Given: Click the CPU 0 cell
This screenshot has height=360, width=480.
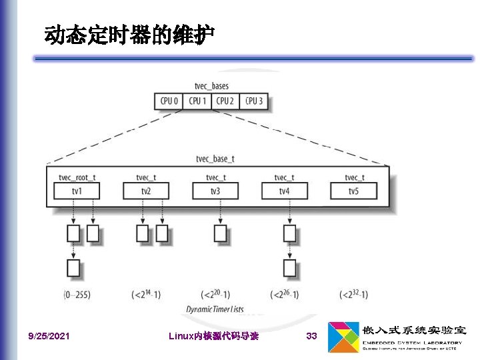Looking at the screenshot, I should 168,101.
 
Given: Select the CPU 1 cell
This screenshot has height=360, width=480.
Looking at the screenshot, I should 197,101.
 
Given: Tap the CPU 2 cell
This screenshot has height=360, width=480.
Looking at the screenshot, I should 225,101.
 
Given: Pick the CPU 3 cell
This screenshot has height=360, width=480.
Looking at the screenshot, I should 253,101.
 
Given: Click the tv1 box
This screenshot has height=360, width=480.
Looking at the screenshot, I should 77,191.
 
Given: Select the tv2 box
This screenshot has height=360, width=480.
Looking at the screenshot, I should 146,191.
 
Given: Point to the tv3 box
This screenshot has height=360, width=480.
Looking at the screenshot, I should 215,191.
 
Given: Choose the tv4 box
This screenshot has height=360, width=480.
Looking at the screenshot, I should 285,191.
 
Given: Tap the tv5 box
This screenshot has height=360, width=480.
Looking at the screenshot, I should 353,191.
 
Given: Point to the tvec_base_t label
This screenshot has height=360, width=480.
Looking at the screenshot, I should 215,159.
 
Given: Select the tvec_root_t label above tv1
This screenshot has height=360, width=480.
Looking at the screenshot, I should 77,177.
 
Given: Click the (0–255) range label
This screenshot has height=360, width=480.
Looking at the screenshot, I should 77,294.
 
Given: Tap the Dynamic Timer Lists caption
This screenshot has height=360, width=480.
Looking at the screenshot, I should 215,309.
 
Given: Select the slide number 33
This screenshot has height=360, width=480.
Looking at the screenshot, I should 311,336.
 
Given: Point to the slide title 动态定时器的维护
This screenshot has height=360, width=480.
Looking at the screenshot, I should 129,35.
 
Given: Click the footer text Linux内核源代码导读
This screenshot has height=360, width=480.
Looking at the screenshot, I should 214,336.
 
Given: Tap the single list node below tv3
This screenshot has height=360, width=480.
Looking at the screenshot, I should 221,233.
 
